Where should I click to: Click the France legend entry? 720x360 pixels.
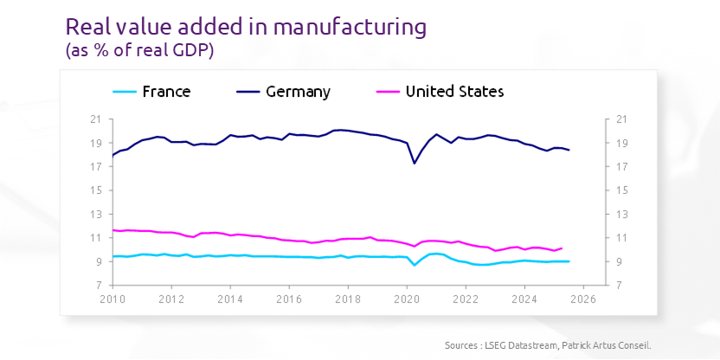(x=166, y=92)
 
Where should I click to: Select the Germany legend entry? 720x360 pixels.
(x=298, y=92)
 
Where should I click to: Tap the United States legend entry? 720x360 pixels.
(x=454, y=92)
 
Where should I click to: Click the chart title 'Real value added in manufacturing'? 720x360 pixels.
(x=247, y=26)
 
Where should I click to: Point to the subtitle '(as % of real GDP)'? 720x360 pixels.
(x=139, y=50)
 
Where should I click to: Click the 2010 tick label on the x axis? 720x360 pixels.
(x=112, y=299)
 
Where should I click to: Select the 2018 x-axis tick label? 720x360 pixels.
(x=348, y=299)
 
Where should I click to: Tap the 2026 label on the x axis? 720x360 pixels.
(x=583, y=299)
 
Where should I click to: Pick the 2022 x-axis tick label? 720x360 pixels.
(x=466, y=299)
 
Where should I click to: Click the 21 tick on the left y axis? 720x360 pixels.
(x=96, y=119)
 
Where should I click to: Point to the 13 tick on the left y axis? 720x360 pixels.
(x=96, y=214)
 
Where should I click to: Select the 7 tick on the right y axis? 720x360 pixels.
(x=597, y=286)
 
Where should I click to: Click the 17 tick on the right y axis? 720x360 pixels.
(x=599, y=167)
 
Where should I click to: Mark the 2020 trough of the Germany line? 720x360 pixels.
(x=415, y=163)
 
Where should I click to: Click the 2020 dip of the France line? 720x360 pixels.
(x=415, y=264)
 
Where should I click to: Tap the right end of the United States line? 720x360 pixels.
(x=562, y=248)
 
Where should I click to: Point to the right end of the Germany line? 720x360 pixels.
(x=569, y=150)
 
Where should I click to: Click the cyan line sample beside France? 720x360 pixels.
(x=125, y=92)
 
